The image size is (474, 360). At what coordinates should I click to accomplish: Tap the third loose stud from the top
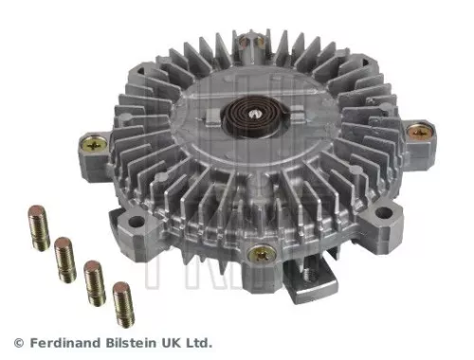(95, 280)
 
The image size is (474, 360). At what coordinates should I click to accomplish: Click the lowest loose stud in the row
(122, 302)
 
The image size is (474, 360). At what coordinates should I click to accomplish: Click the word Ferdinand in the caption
(66, 342)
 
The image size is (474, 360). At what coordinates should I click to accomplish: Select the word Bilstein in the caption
(136, 342)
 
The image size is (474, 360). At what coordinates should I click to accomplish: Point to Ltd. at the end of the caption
(200, 342)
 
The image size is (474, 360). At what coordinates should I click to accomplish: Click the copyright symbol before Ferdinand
(18, 342)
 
